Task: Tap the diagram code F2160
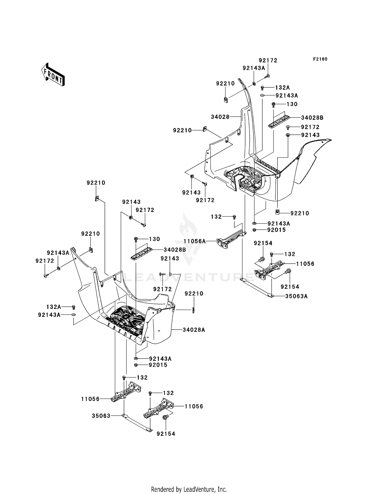pos(320,59)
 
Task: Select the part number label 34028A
pos(194,330)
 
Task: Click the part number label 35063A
pos(296,296)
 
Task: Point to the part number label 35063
pos(101,416)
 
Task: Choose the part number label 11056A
pos(194,241)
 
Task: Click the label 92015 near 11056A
pos(276,230)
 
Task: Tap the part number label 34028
pos(220,117)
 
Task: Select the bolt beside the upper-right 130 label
pos(273,104)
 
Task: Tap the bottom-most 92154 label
pos(166,434)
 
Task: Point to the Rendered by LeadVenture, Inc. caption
pos(189,489)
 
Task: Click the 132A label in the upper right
pos(282,88)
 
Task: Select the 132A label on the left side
pos(54,307)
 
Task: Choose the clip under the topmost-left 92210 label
pos(97,199)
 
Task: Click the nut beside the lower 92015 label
pos(136,365)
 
